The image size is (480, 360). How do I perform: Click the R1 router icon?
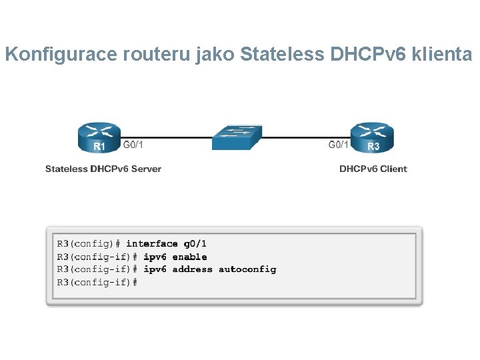[x=98, y=138]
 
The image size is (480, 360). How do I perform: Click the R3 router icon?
[x=372, y=138]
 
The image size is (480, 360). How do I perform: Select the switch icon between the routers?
[x=237, y=137]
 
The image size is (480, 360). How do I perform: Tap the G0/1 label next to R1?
[x=133, y=144]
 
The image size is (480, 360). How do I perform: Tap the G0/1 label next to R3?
[x=339, y=144]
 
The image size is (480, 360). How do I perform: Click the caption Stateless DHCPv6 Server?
[x=103, y=169]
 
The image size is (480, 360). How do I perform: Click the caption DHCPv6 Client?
[x=373, y=169]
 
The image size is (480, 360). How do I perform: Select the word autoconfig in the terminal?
[x=247, y=269]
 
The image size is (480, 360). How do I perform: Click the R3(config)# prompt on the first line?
[x=88, y=244]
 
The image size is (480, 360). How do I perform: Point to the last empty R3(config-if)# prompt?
[x=97, y=282]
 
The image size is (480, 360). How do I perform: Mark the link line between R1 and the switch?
[x=167, y=138]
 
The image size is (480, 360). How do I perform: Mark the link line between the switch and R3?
[x=303, y=138]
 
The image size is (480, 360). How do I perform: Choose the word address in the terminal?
[x=192, y=269]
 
